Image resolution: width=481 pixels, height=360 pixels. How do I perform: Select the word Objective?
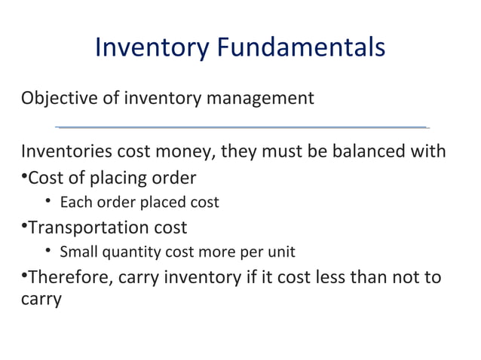click(54, 99)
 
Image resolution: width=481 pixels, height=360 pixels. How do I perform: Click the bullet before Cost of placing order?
click(24, 178)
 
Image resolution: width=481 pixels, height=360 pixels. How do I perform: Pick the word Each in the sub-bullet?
click(74, 202)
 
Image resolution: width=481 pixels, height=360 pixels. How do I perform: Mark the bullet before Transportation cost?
click(24, 227)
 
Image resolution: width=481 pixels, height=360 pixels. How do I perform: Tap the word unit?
click(282, 252)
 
